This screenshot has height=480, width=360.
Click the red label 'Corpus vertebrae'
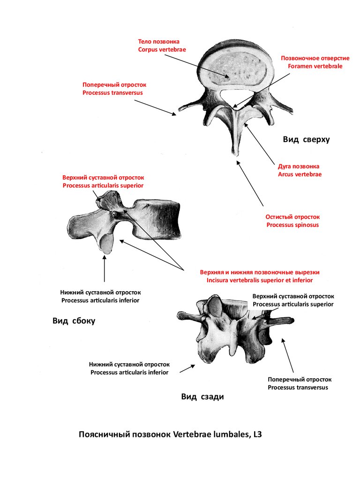[162, 50]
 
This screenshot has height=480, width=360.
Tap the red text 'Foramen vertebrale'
[315, 66]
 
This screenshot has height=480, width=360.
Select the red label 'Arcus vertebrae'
[300, 174]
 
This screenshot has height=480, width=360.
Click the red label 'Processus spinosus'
[292, 225]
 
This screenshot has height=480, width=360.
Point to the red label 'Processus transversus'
[112, 93]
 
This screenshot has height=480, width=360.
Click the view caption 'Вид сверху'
[306, 140]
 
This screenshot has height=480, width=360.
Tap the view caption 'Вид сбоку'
[74, 321]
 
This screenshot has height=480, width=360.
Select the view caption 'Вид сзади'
[202, 397]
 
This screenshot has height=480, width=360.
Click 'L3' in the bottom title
[257, 435]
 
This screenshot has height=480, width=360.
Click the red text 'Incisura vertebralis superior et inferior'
[260, 280]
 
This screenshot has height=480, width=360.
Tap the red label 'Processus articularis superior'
[103, 186]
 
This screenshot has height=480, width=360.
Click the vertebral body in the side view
[157, 219]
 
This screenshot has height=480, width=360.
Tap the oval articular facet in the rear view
[215, 307]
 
